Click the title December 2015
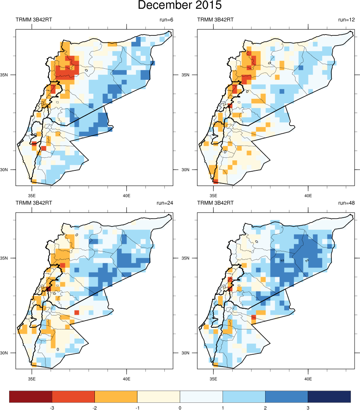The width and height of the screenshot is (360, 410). tap(180, 6)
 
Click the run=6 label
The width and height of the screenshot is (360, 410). tap(164, 20)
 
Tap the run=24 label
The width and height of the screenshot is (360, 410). tap(163, 203)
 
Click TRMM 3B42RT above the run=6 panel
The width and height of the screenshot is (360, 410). tap(34, 20)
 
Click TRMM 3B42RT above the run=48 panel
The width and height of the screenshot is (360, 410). tap(215, 203)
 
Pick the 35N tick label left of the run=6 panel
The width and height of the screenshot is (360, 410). tap(9, 75)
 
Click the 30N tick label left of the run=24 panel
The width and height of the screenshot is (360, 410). tap(9, 353)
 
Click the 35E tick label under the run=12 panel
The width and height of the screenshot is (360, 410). tap(213, 195)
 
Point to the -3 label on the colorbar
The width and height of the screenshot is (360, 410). tap(52, 408)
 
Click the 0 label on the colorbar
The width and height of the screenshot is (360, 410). tap(180, 408)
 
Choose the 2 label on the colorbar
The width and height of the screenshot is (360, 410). tap(265, 408)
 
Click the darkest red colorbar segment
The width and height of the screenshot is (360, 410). tap(31, 397)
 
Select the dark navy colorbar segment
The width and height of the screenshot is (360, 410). tap(329, 397)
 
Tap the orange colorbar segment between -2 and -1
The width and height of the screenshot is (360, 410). tap(116, 397)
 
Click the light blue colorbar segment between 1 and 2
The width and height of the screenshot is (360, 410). tap(244, 397)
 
